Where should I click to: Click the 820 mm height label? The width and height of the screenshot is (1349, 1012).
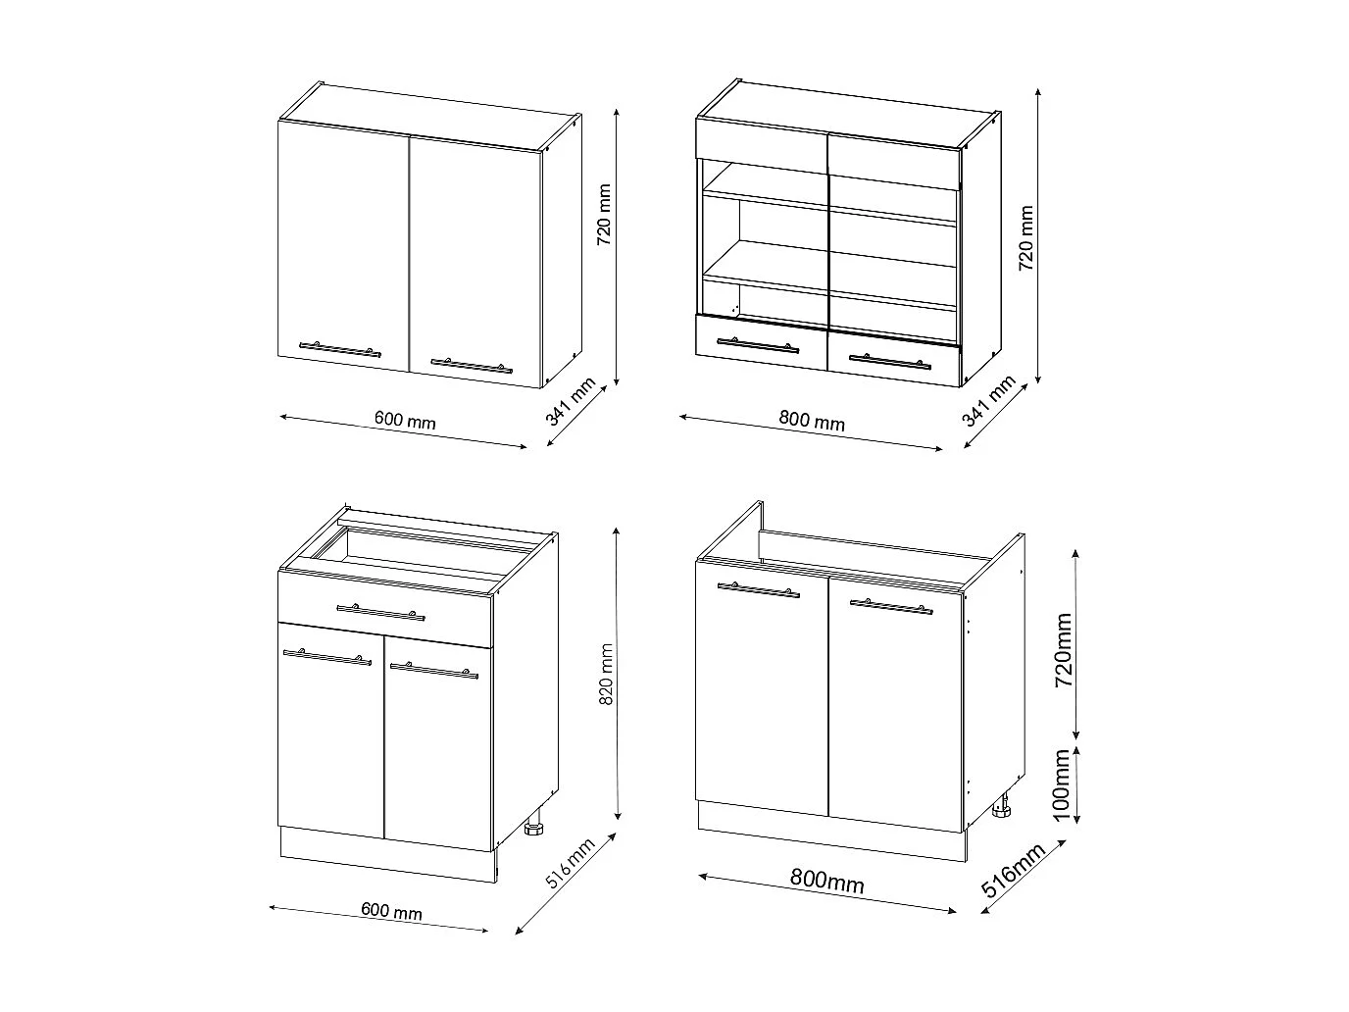point(606,675)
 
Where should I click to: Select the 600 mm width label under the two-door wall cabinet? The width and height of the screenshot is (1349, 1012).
point(405,421)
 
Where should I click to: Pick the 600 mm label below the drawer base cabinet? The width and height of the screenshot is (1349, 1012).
point(392,911)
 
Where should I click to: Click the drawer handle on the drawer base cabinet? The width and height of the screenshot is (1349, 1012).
point(380,612)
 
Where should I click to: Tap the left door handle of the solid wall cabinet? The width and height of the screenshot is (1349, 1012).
point(339,348)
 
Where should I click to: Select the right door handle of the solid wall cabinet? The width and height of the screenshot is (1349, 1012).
point(471,366)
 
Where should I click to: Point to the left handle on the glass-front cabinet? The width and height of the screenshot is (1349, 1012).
point(757,344)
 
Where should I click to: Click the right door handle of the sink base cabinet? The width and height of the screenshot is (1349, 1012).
point(890,606)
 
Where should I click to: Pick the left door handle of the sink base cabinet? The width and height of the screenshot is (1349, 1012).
point(757,589)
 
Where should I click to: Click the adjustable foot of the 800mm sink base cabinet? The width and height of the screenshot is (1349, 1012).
point(1003,809)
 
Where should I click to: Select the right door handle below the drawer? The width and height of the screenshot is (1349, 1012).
point(433,671)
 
